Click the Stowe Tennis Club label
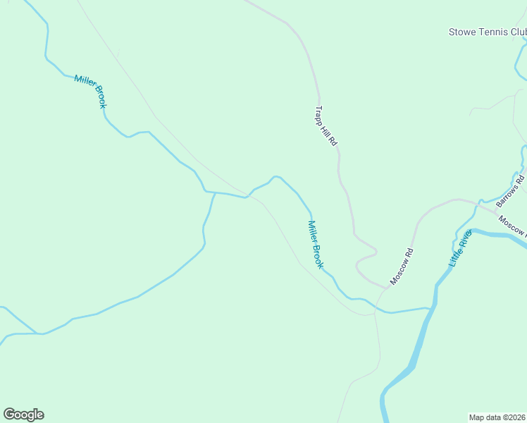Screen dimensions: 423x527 pyautogui.click(x=488, y=32)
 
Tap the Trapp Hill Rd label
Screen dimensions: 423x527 pyautogui.click(x=326, y=126)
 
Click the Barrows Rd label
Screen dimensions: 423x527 pyautogui.click(x=510, y=191)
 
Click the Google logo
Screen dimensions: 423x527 pyautogui.click(x=23, y=415)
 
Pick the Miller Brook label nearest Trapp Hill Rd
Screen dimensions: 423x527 pyautogui.click(x=315, y=244)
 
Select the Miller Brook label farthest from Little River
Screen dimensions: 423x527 pyautogui.click(x=90, y=91)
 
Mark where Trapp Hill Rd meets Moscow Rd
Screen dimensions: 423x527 pyautogui.click(x=387, y=287)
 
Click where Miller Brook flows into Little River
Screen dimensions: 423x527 pyautogui.click(x=429, y=307)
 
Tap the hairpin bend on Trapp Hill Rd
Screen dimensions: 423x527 pyautogui.click(x=375, y=252)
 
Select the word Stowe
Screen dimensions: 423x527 pyautogui.click(x=461, y=32)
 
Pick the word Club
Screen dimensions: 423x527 pyautogui.click(x=519, y=32)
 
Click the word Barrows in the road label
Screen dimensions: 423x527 pyautogui.click(x=507, y=195)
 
